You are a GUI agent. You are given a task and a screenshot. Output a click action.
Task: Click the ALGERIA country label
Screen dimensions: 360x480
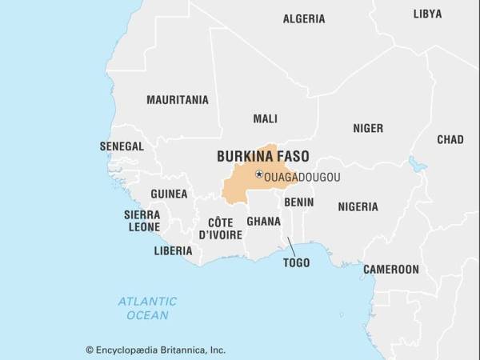click(304, 18)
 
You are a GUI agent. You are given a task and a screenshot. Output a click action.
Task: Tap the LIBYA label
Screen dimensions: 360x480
click(427, 14)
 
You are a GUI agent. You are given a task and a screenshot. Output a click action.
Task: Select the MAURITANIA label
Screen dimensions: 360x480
click(177, 100)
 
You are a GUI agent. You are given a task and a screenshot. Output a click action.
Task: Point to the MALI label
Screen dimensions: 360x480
click(265, 118)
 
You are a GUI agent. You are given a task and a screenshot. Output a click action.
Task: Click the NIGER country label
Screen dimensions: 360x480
click(368, 128)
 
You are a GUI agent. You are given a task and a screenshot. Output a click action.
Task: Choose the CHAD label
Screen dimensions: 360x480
click(450, 139)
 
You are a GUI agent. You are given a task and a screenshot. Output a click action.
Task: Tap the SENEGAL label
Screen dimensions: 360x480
click(122, 146)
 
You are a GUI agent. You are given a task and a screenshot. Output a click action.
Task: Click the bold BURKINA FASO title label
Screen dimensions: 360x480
click(263, 157)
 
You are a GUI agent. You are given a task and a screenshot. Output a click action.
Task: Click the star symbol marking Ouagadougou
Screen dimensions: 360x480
click(258, 174)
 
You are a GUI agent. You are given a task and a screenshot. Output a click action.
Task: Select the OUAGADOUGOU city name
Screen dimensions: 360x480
click(302, 177)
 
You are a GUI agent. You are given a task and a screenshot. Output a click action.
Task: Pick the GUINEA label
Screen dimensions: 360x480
click(169, 194)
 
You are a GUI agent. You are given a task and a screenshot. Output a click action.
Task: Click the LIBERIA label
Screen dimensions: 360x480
click(173, 250)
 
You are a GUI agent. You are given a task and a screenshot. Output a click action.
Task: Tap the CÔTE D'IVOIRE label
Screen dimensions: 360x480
click(220, 228)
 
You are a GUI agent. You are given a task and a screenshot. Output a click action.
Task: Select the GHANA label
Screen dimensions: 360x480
click(263, 221)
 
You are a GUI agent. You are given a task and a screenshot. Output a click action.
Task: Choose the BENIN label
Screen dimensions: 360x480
click(298, 202)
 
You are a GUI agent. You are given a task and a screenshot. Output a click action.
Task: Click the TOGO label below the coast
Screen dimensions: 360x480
click(296, 262)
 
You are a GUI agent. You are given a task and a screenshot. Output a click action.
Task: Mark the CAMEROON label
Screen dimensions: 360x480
click(391, 270)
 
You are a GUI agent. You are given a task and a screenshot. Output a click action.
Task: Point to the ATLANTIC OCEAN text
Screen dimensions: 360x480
click(147, 308)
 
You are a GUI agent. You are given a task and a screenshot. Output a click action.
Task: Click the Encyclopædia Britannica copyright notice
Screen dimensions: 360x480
click(155, 350)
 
